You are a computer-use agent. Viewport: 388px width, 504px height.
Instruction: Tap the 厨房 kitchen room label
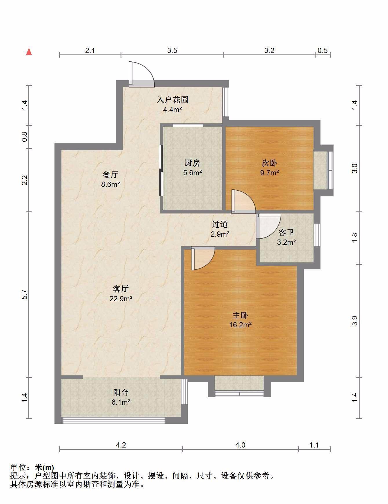pyautogui.click(x=192, y=163)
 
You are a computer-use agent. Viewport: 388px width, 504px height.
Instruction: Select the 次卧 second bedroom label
pyautogui.click(x=269, y=163)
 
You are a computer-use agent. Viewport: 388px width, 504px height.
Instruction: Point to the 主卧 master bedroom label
pyautogui.click(x=240, y=315)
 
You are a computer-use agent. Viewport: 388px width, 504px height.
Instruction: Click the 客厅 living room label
pyautogui.click(x=121, y=289)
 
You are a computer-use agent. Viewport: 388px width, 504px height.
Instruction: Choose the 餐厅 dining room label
pyautogui.click(x=110, y=175)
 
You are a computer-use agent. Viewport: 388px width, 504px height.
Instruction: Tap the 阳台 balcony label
pyautogui.click(x=121, y=392)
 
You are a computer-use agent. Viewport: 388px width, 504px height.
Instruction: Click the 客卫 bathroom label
pyautogui.click(x=286, y=233)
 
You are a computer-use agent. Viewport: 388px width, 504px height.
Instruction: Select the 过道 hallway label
pyautogui.click(x=220, y=224)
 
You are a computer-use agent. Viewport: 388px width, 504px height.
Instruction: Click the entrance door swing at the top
pyautogui.click(x=142, y=74)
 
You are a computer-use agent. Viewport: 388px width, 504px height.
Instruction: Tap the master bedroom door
pyautogui.click(x=203, y=258)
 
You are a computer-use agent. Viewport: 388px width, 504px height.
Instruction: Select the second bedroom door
pyautogui.click(x=244, y=202)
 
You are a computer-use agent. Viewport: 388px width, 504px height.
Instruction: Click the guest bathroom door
pyautogui.click(x=269, y=226)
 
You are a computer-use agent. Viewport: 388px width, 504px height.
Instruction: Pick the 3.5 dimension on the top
pyautogui.click(x=172, y=51)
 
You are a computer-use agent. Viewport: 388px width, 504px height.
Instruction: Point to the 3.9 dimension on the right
pyautogui.click(x=355, y=321)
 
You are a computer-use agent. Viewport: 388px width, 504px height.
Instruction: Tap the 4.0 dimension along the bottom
pyautogui.click(x=240, y=445)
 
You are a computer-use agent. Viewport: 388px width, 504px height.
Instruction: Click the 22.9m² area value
pyautogui.click(x=121, y=299)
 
